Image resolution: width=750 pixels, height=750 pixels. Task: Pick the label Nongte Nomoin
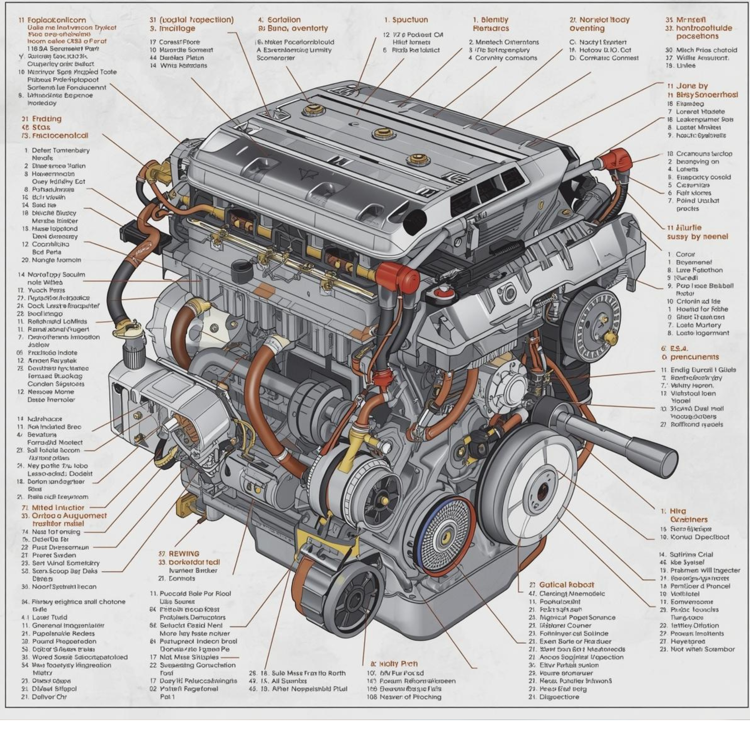pyautogui.click(x=57, y=260)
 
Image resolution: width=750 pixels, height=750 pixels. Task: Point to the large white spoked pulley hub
pyautogui.click(x=540, y=493)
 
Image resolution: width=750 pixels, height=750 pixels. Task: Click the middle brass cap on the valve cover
pyautogui.click(x=384, y=134)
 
